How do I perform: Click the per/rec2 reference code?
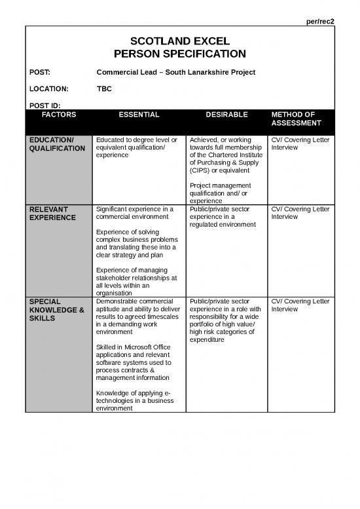[x=321, y=22]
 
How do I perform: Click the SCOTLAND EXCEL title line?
[x=179, y=41]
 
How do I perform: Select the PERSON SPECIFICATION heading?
[x=179, y=54]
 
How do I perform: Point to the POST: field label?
[x=41, y=71]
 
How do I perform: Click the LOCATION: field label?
[x=48, y=87]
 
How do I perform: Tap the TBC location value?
[x=103, y=87]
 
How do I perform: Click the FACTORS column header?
[x=59, y=115]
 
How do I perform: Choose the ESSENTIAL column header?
[x=139, y=115]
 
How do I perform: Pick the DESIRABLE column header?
[x=226, y=115]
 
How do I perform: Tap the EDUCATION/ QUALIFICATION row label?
[x=57, y=144]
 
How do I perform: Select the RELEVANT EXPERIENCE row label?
[x=52, y=213]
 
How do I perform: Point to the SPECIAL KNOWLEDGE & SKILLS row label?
[x=56, y=309]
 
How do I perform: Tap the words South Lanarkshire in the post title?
[x=197, y=71]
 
